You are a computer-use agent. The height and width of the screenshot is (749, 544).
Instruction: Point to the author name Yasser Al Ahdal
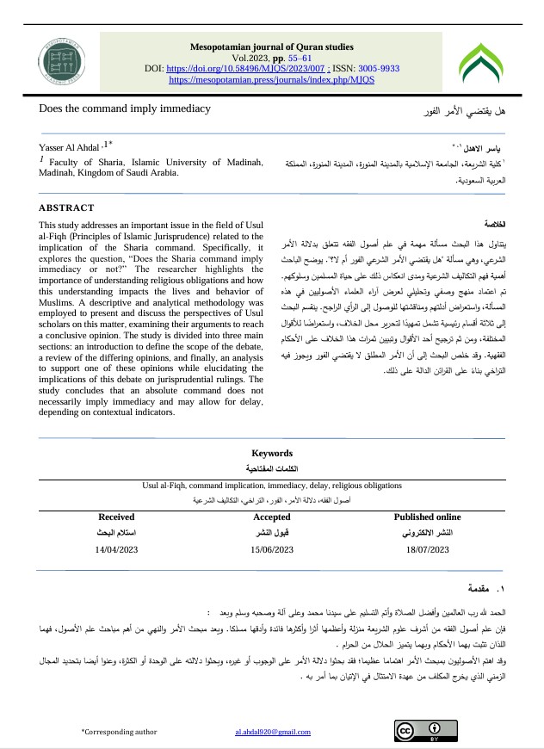tap(69, 146)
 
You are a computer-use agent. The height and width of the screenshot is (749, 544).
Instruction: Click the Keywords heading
tap(271, 453)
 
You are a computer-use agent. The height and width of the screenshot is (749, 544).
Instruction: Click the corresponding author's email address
tap(272, 732)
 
